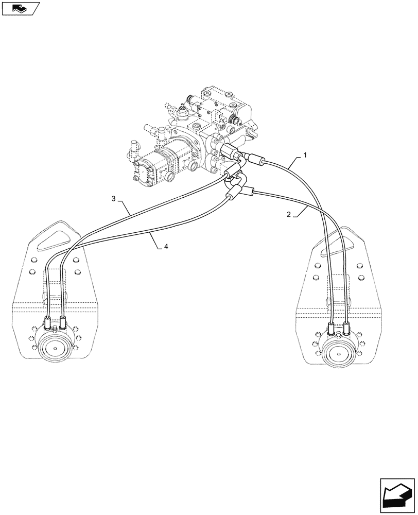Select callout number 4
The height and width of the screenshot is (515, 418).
[166, 247]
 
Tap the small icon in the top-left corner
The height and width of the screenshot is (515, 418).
[21, 8]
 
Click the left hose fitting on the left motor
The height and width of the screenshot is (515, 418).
[48, 324]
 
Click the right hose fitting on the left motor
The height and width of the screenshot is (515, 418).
[62, 323]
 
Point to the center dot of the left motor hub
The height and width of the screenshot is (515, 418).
[55, 349]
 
